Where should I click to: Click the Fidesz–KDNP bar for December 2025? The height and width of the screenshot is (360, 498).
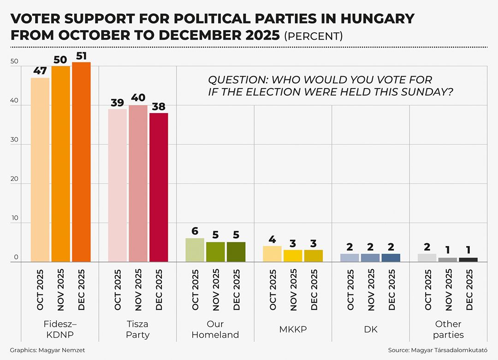(x=81, y=162)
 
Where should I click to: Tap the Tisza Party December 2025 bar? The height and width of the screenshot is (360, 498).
(x=159, y=187)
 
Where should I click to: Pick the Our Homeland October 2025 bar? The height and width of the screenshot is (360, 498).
(x=195, y=250)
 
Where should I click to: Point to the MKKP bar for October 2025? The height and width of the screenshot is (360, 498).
(x=272, y=254)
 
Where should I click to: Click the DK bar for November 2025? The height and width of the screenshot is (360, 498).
(x=370, y=258)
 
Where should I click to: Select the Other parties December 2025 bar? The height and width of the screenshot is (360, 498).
(x=468, y=260)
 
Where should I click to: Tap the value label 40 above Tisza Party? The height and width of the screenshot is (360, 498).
(x=138, y=98)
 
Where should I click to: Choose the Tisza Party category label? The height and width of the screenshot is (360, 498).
(x=138, y=329)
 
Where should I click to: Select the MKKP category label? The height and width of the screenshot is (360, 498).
(x=293, y=330)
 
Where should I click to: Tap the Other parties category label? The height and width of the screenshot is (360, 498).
(x=448, y=329)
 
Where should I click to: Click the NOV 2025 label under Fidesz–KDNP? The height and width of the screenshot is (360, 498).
(x=60, y=289)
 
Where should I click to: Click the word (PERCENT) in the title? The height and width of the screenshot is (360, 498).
(x=313, y=36)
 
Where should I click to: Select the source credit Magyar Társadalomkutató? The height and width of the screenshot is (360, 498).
(x=438, y=350)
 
